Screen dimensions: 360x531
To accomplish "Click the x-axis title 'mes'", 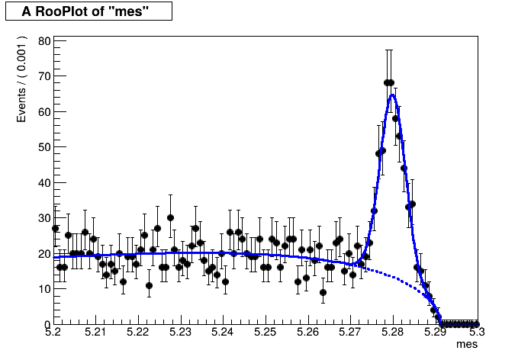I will [466, 345].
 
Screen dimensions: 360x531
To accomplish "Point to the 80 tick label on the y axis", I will [45, 41].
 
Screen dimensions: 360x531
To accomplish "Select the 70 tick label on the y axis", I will [45, 76].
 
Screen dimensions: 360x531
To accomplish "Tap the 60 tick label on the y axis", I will [45, 112].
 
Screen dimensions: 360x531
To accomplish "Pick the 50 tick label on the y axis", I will [45, 147].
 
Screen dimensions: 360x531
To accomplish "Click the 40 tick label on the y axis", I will [45, 183].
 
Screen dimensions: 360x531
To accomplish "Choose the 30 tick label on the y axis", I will [45, 218].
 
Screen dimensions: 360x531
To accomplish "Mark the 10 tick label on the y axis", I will [45, 289].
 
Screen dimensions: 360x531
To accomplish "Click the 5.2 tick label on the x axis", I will [53, 333].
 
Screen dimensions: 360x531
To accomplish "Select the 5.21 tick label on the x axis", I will [95, 333].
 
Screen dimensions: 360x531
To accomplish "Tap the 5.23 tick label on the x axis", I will [180, 333].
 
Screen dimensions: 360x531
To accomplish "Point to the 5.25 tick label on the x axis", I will [265, 333].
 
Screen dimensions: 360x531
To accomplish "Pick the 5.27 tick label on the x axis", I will [349, 333].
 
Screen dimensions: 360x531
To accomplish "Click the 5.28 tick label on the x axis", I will [392, 333].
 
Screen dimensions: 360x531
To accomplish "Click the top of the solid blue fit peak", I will [392, 95].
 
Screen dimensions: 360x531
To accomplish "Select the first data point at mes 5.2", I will [55, 228].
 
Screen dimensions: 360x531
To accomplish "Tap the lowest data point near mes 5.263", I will [323, 292].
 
